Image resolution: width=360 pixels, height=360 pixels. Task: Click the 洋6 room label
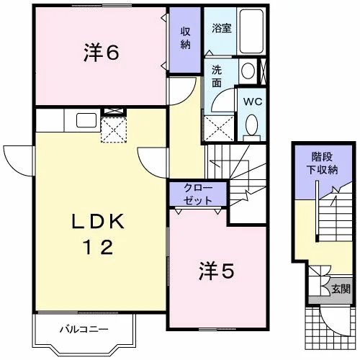(102, 53)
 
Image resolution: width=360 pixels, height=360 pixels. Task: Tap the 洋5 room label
(217, 271)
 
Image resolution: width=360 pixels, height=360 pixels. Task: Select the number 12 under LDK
(98, 247)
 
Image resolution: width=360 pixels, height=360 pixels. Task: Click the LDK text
(98, 221)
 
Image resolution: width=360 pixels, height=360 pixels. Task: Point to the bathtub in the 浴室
(251, 31)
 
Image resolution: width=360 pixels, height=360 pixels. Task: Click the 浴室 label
(222, 28)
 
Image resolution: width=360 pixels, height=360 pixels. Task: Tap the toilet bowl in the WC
(252, 125)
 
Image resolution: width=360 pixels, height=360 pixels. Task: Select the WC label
(253, 102)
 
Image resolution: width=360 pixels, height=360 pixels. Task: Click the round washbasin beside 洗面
(248, 71)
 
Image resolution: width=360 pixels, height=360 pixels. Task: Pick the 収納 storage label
(185, 38)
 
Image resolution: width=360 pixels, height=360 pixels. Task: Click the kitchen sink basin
(86, 120)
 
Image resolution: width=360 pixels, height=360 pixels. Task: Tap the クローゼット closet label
(198, 194)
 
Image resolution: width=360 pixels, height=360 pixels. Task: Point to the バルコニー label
(84, 329)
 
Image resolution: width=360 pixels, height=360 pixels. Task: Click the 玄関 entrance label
(341, 289)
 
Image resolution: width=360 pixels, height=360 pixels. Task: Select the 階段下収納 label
(322, 163)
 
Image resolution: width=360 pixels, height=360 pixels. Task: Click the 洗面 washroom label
(217, 76)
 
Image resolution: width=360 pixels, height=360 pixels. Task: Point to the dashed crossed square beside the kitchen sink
(114, 130)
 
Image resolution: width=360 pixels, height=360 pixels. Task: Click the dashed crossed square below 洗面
(219, 128)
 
